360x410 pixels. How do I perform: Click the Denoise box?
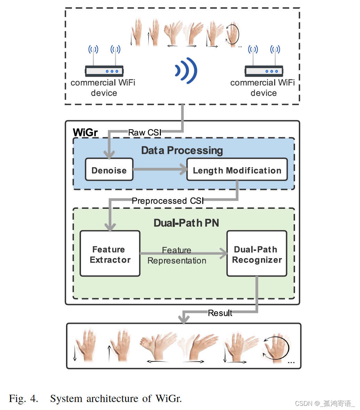coord(109,170)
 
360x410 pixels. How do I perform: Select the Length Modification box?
coord(237,170)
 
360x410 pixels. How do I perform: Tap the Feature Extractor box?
coord(110,254)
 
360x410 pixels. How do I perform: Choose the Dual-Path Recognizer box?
coord(257,254)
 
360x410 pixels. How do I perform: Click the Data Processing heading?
coord(182,150)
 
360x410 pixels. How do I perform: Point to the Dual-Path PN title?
coord(186,223)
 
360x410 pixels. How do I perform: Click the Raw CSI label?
coord(145,132)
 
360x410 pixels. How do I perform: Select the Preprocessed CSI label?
coord(167,201)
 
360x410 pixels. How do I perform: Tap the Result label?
coord(220,313)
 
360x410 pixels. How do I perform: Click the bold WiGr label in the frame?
coord(85,132)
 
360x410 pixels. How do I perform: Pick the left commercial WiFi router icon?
coord(104,71)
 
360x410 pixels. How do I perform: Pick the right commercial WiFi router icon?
coord(264,71)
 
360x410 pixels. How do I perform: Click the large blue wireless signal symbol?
coord(186,71)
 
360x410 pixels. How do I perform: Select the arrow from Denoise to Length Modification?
coord(160,170)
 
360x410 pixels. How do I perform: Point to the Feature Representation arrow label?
coord(177,256)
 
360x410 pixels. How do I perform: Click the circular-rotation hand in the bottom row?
coord(276,348)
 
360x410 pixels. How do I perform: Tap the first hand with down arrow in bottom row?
coord(83,346)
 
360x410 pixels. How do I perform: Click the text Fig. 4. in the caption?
coord(23,399)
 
